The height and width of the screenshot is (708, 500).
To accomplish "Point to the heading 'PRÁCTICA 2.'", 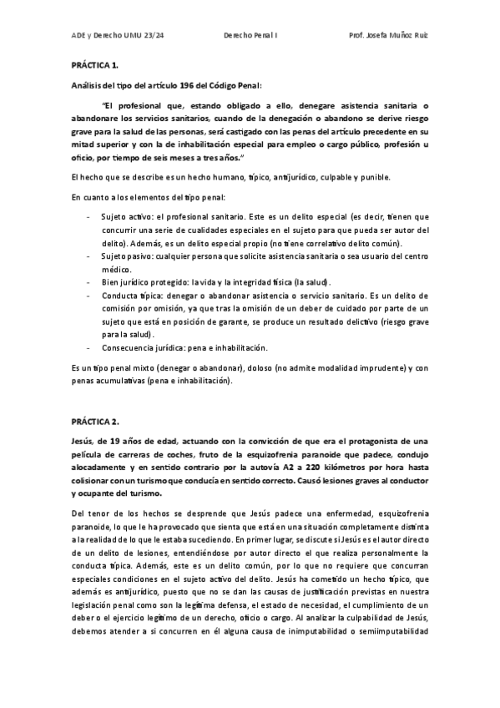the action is click(90, 422).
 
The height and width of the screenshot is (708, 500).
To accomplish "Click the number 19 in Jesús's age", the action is click(114, 441).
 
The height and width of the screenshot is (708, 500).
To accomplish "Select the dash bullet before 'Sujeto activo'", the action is click(89, 216).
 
